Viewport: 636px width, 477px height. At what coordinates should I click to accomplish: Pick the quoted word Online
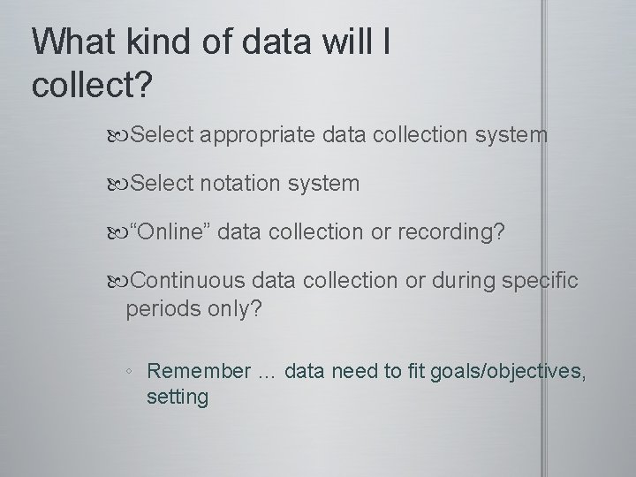(x=170, y=232)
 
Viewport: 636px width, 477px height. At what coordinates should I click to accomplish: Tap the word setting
(x=178, y=397)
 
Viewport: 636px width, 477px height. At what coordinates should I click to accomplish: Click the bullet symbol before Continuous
(x=122, y=281)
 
